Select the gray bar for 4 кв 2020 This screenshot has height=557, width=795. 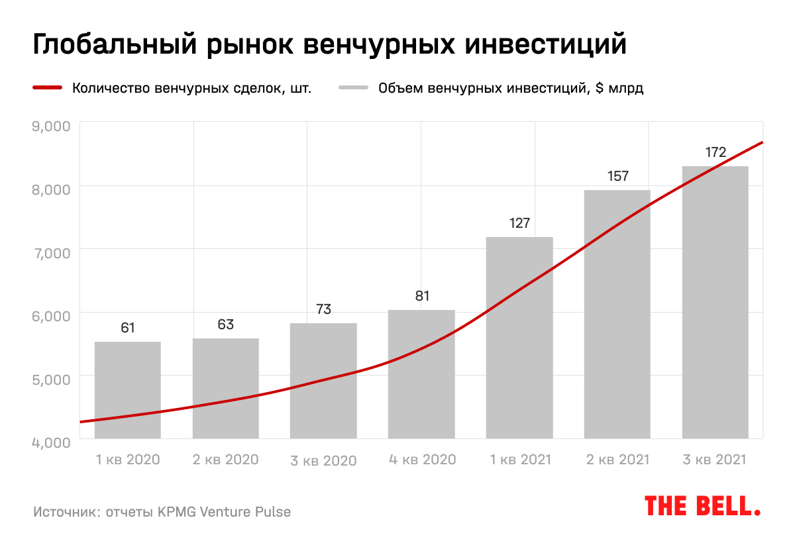pos(421,374)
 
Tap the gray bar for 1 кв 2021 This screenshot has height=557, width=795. pos(519,337)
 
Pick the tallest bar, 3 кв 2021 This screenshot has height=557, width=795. pos(715,302)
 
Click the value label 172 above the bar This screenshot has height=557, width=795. pos(715,152)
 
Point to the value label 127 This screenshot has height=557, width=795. pos(519,223)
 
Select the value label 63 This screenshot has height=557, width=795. pos(226,325)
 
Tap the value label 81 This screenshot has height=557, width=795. pos(422,296)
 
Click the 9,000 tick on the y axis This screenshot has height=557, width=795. pos(51,126)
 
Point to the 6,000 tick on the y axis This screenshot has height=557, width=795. pos(51,316)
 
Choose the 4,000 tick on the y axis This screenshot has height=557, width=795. pos(51,442)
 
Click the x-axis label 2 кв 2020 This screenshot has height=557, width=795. pos(225,459)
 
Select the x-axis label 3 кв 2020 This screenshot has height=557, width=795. pos(323,460)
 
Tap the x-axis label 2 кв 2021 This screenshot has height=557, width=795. pos(617,459)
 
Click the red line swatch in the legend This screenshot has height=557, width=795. pos(47,88)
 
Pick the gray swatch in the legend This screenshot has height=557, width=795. pos(352,88)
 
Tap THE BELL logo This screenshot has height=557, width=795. pos(702,506)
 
